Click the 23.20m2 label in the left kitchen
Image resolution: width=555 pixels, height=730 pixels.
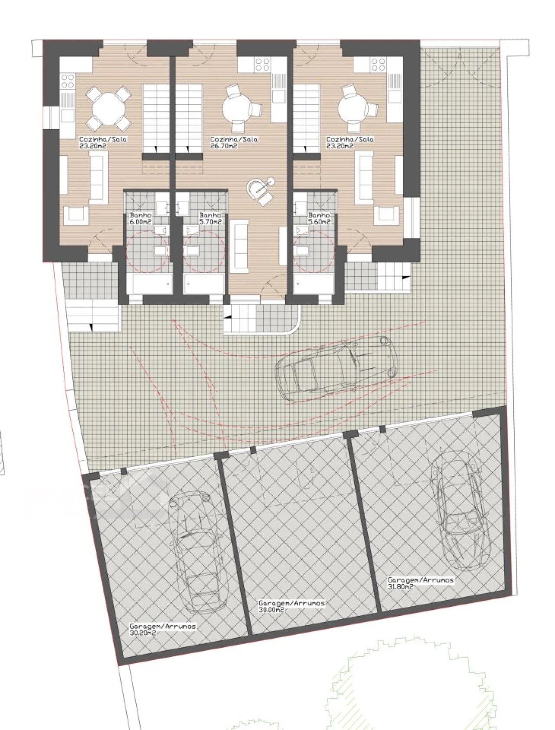[92, 146]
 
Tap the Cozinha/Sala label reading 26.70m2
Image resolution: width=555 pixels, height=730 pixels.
[234, 143]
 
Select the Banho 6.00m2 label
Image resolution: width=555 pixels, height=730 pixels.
[140, 218]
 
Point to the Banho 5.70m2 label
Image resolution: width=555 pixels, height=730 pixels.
[210, 218]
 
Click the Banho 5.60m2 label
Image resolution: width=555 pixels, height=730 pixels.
[319, 218]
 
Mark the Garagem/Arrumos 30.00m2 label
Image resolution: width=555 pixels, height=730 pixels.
[291, 606]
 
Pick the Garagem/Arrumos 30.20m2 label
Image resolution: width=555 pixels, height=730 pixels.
[163, 629]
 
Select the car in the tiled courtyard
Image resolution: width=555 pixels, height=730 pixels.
[337, 367]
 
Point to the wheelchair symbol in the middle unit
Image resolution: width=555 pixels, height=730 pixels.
[261, 191]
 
